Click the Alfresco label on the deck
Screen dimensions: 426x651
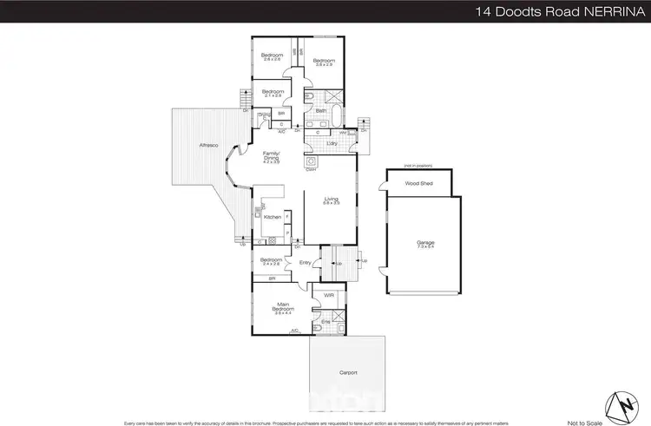[207, 145]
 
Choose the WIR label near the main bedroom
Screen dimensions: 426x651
[328, 296]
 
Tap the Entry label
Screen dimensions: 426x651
[305, 263]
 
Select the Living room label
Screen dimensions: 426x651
[331, 200]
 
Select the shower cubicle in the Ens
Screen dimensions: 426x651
[338, 310]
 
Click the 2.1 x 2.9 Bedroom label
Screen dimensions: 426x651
[273, 94]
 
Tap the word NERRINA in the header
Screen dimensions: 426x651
[610, 11]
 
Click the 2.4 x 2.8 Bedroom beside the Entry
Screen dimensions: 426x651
[272, 262]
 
